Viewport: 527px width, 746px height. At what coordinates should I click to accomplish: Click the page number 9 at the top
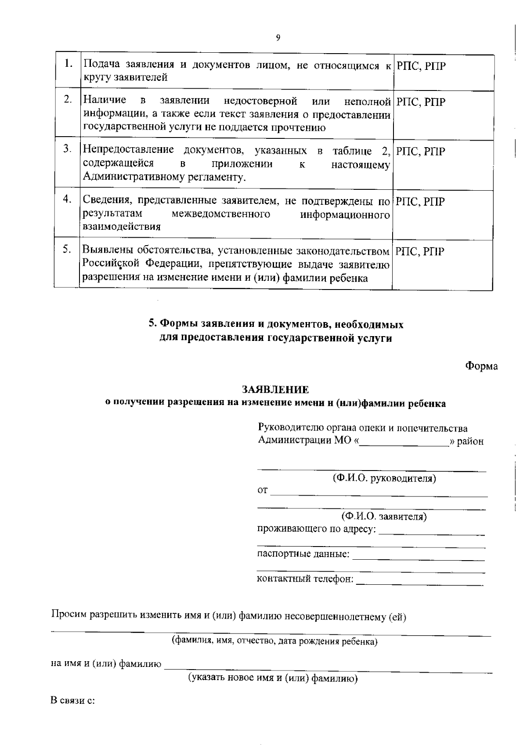(278, 37)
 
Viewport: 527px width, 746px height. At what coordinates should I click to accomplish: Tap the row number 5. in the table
(67, 249)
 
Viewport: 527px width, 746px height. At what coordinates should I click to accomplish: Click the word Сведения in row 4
(107, 201)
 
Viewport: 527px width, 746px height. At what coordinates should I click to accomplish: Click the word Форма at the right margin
(481, 366)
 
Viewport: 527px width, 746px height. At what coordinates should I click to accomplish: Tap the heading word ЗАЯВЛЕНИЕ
(276, 390)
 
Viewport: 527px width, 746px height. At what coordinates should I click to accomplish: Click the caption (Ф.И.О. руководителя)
(384, 478)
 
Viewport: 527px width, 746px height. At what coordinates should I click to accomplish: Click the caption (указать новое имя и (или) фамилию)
(273, 678)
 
